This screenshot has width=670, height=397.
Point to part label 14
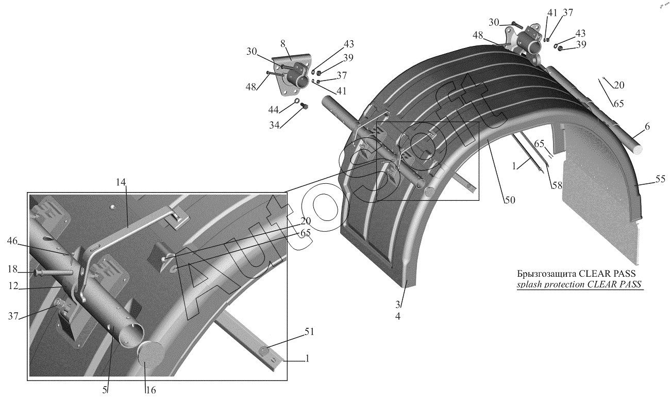pyautogui.click(x=121, y=182)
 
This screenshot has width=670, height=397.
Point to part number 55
pyautogui.click(x=660, y=179)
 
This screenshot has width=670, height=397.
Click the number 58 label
pyautogui.click(x=556, y=185)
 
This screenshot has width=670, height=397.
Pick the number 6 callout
pyautogui.click(x=647, y=126)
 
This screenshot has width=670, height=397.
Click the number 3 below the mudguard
pyautogui.click(x=397, y=304)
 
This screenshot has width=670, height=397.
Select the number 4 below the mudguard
pyautogui.click(x=397, y=316)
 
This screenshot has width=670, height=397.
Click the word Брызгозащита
pyautogui.click(x=547, y=274)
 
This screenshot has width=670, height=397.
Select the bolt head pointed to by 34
pyautogui.click(x=303, y=106)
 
